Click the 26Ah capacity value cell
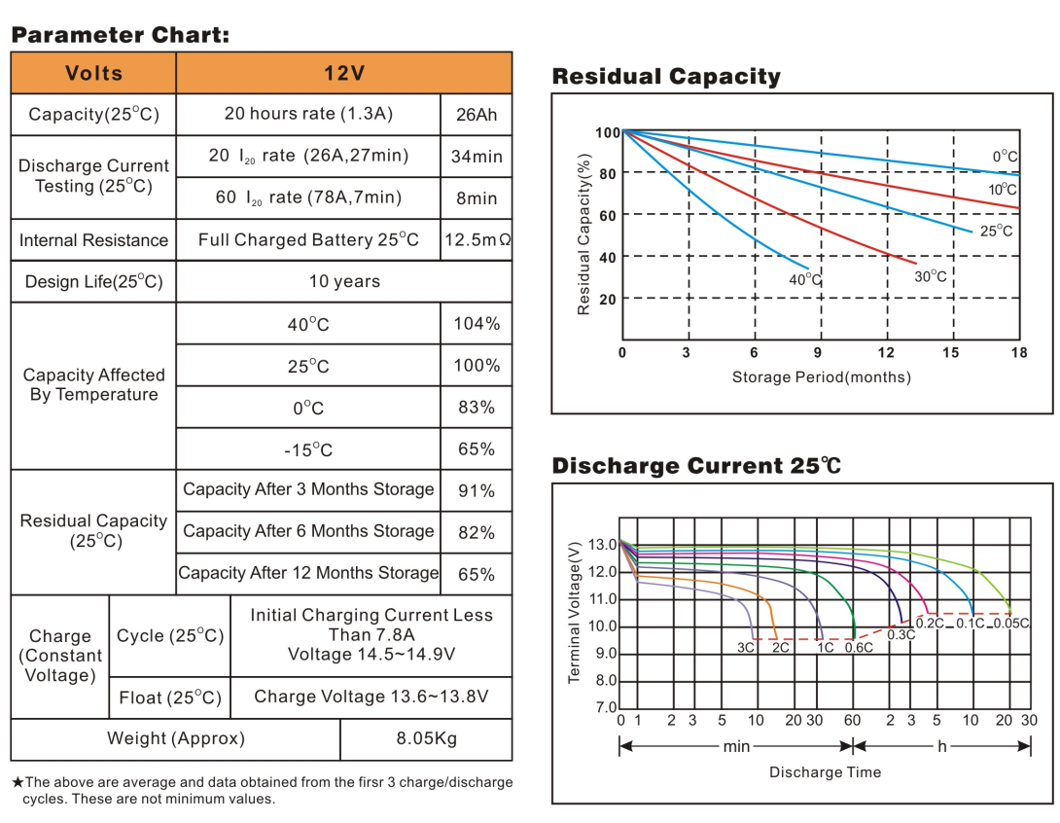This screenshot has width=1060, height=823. [477, 115]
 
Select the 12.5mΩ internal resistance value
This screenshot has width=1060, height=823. [477, 239]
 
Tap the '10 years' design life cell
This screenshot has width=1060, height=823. [344, 282]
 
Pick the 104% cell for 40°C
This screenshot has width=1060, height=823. [477, 324]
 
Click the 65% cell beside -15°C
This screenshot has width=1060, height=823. [477, 449]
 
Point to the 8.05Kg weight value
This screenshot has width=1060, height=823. [426, 738]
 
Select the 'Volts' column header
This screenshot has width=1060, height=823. [93, 73]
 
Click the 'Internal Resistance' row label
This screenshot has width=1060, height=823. [93, 240]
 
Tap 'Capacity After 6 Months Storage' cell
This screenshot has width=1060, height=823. [308, 531]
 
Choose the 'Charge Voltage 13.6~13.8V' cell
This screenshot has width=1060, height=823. [371, 697]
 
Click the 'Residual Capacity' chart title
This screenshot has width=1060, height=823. [666, 77]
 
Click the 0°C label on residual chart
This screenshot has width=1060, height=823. [1005, 157]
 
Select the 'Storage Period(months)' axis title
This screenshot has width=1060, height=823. [821, 377]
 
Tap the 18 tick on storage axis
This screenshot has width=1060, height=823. [1019, 352]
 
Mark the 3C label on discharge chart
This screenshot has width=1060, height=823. [746, 647]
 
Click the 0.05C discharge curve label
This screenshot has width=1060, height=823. [1011, 624]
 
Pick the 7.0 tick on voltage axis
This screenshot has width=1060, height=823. [605, 707]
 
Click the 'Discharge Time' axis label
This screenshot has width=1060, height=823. [825, 772]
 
